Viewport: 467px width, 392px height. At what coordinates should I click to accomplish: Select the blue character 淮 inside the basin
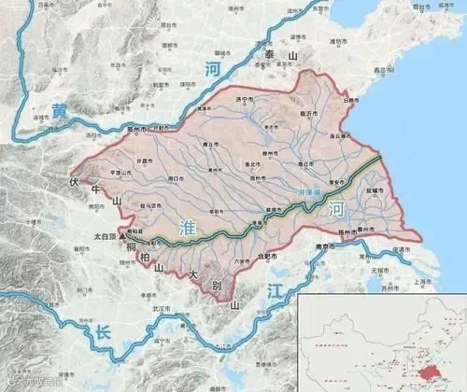pos(185,224)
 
